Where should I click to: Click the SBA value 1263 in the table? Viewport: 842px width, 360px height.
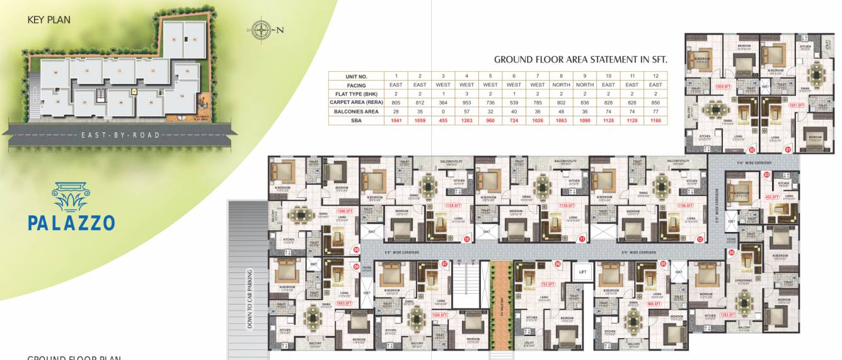[x=466, y=119]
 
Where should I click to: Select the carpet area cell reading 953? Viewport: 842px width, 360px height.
[x=466, y=102]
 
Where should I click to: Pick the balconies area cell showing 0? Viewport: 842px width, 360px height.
[x=443, y=110]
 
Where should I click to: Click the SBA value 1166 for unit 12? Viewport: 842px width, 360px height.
[x=655, y=119]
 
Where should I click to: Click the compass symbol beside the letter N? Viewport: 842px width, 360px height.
[x=260, y=29]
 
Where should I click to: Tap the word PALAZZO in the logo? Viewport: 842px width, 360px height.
[x=71, y=223]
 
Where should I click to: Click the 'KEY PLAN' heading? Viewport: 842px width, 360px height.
[x=49, y=20]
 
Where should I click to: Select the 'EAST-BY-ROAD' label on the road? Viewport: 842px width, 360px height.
[x=121, y=135]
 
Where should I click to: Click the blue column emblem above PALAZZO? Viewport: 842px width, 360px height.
[x=71, y=197]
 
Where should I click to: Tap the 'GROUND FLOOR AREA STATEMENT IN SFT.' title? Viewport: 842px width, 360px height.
[x=580, y=60]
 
